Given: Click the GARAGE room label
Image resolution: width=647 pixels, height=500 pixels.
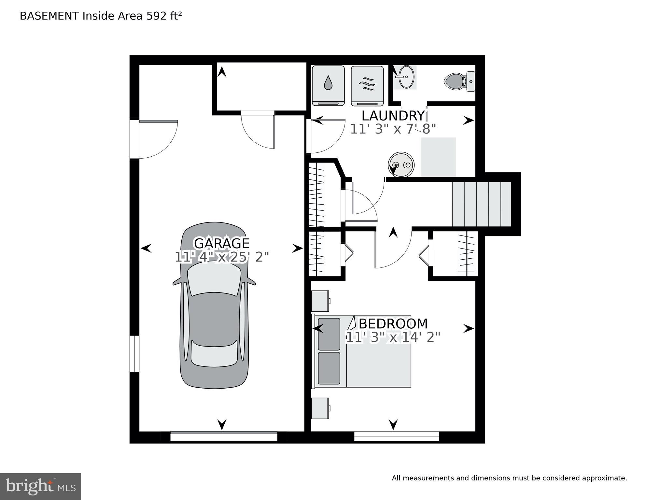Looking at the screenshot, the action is [x=222, y=243].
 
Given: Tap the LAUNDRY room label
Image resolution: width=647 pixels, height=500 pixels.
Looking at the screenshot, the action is [x=393, y=116].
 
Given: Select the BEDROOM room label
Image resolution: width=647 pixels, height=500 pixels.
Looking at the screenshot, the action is [x=393, y=324].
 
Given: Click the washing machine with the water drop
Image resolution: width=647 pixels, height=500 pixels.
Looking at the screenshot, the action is [x=328, y=86].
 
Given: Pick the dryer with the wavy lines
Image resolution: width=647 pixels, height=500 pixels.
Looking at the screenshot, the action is [x=367, y=86].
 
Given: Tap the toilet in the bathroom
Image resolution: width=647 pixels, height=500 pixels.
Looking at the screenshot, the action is [x=460, y=81].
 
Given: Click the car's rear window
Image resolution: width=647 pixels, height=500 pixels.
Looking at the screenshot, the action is [x=214, y=354].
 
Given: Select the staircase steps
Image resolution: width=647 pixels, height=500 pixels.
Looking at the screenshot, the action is [x=482, y=204].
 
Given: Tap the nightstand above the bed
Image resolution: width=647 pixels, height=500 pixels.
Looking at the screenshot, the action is [x=321, y=301].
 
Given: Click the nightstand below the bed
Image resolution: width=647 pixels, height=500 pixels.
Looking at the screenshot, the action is [x=321, y=408].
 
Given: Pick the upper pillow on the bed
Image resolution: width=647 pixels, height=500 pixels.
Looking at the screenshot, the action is [x=329, y=334].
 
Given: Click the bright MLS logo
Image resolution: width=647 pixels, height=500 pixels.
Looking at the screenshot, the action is [x=40, y=487].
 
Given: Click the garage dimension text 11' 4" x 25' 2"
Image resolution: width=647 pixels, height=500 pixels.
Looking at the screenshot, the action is [x=222, y=257].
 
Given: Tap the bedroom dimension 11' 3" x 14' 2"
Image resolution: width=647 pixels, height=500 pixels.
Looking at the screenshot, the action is [x=393, y=337].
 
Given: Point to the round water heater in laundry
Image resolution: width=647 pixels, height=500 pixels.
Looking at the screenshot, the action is [x=401, y=164].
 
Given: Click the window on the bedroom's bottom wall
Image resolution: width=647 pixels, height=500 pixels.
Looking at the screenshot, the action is [x=397, y=436].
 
